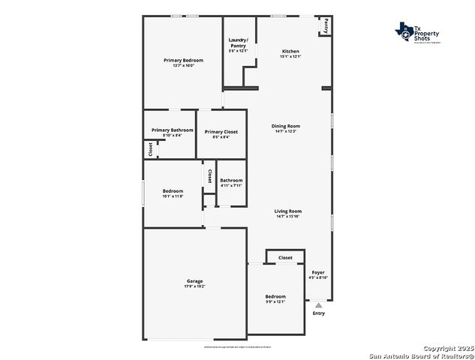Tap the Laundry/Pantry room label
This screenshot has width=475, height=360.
[x=238, y=43]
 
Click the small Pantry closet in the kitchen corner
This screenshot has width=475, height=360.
[x=326, y=25]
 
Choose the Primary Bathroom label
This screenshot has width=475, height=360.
[x=172, y=130]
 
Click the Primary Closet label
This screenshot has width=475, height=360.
[x=221, y=132]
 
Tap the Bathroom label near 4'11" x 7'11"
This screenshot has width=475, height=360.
[x=231, y=180]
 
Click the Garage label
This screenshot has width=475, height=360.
[x=194, y=281]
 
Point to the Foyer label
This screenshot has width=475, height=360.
[x=318, y=272]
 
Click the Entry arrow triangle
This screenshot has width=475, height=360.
[x=319, y=305]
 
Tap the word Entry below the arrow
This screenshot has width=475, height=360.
[x=319, y=313]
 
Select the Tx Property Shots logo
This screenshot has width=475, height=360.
[x=418, y=34]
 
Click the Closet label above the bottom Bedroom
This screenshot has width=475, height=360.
[x=285, y=257]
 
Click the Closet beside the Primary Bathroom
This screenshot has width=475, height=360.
[x=150, y=149]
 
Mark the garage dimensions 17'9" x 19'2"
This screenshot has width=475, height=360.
[x=194, y=286]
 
